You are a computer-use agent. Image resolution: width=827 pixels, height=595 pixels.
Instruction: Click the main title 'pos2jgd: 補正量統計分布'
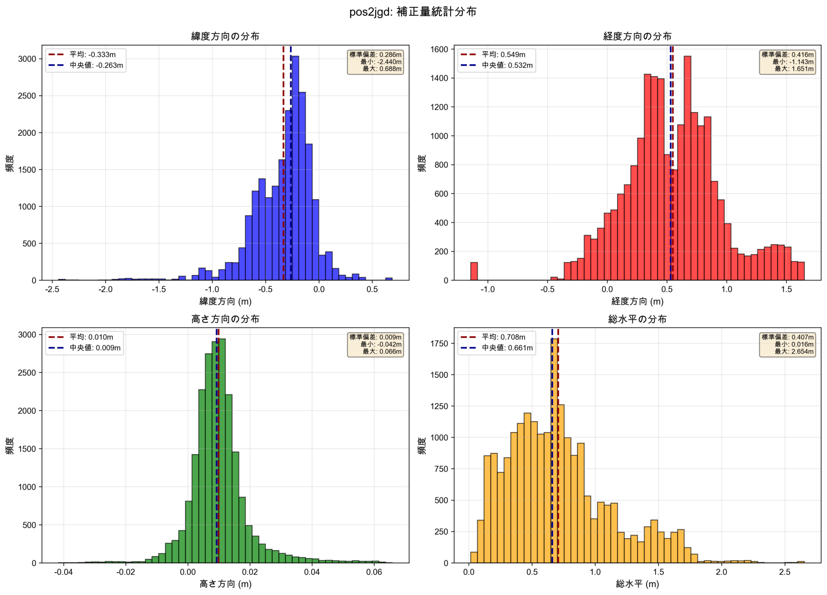click(x=413, y=12)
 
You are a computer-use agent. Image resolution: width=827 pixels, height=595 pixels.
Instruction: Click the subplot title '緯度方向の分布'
click(x=225, y=36)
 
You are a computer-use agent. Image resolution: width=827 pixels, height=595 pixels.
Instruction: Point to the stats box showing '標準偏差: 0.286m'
click(x=375, y=62)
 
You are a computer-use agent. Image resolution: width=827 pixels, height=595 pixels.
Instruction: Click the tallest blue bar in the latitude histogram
click(x=295, y=168)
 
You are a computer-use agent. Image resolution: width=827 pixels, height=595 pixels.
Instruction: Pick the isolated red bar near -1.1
click(x=474, y=271)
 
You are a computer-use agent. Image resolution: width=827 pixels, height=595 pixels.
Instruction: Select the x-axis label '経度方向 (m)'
click(x=637, y=301)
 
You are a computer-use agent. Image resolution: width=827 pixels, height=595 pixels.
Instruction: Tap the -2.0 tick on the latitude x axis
click(x=106, y=290)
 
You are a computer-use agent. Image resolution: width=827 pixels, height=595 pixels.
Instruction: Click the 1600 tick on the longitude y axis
click(x=439, y=49)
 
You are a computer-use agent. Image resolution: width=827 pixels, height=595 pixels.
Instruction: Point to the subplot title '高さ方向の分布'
click(x=225, y=319)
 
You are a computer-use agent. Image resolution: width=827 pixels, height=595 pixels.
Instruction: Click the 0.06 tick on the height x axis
click(x=374, y=572)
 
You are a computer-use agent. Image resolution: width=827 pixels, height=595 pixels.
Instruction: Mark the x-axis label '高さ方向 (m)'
click(x=225, y=584)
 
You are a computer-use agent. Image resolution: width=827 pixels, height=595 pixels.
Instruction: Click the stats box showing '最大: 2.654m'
click(x=787, y=345)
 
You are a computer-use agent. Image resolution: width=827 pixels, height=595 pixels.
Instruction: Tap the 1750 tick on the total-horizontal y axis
click(x=439, y=343)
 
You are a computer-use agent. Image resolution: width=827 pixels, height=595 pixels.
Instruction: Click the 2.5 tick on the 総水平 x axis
click(x=784, y=572)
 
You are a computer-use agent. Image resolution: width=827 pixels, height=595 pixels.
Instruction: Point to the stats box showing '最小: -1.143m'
click(x=787, y=62)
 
